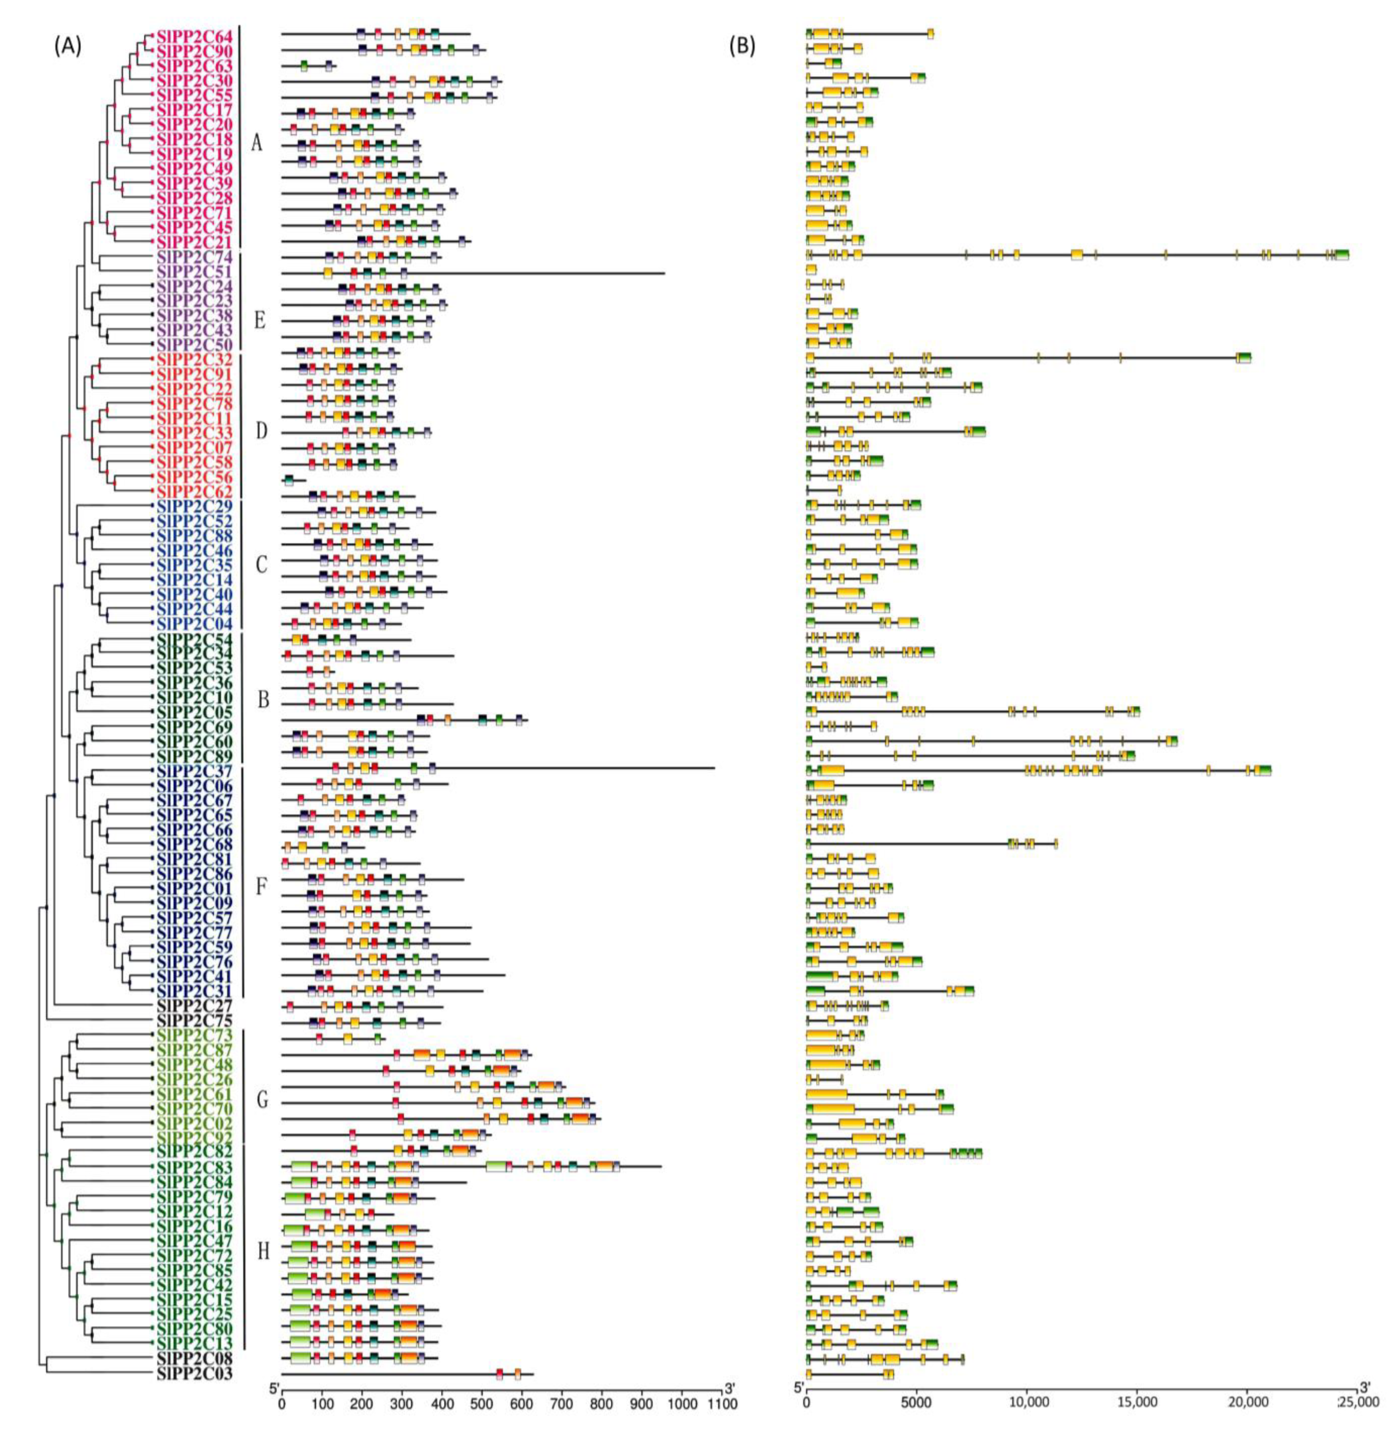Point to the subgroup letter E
[x=259, y=321]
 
